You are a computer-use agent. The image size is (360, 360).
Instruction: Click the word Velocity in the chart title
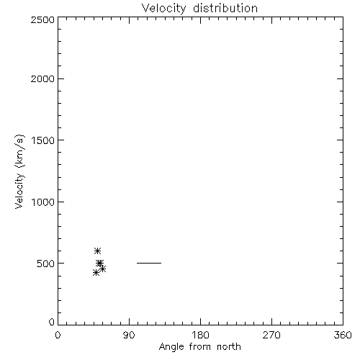coord(164,9)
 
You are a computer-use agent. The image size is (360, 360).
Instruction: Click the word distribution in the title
coord(225,8)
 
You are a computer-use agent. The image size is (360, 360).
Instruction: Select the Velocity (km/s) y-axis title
coord(19,171)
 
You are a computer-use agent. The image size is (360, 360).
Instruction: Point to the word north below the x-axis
coord(229,346)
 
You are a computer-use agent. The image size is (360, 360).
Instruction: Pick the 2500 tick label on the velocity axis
coord(42,19)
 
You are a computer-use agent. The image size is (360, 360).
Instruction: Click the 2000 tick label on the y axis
coord(42,78)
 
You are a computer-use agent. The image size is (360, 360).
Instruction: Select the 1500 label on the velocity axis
coord(43,140)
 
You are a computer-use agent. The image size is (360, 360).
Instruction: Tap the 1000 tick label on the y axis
coord(43,202)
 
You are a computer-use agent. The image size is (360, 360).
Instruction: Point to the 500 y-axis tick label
coord(46,264)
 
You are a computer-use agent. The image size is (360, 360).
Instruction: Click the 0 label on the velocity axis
coord(52,322)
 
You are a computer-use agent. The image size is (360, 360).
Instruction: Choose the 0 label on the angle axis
coord(58,335)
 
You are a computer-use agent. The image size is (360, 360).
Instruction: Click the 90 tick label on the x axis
coord(129,335)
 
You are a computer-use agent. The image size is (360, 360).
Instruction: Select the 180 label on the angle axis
coord(200,335)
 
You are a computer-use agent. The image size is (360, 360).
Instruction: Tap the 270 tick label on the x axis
coord(271,335)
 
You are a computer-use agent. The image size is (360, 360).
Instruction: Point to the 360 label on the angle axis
coord(343,335)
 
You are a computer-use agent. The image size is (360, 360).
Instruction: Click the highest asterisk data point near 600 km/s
coord(97,251)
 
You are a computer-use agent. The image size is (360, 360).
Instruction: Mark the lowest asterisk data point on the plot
coord(96,273)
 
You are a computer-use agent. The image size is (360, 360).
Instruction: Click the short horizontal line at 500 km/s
coord(149,263)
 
